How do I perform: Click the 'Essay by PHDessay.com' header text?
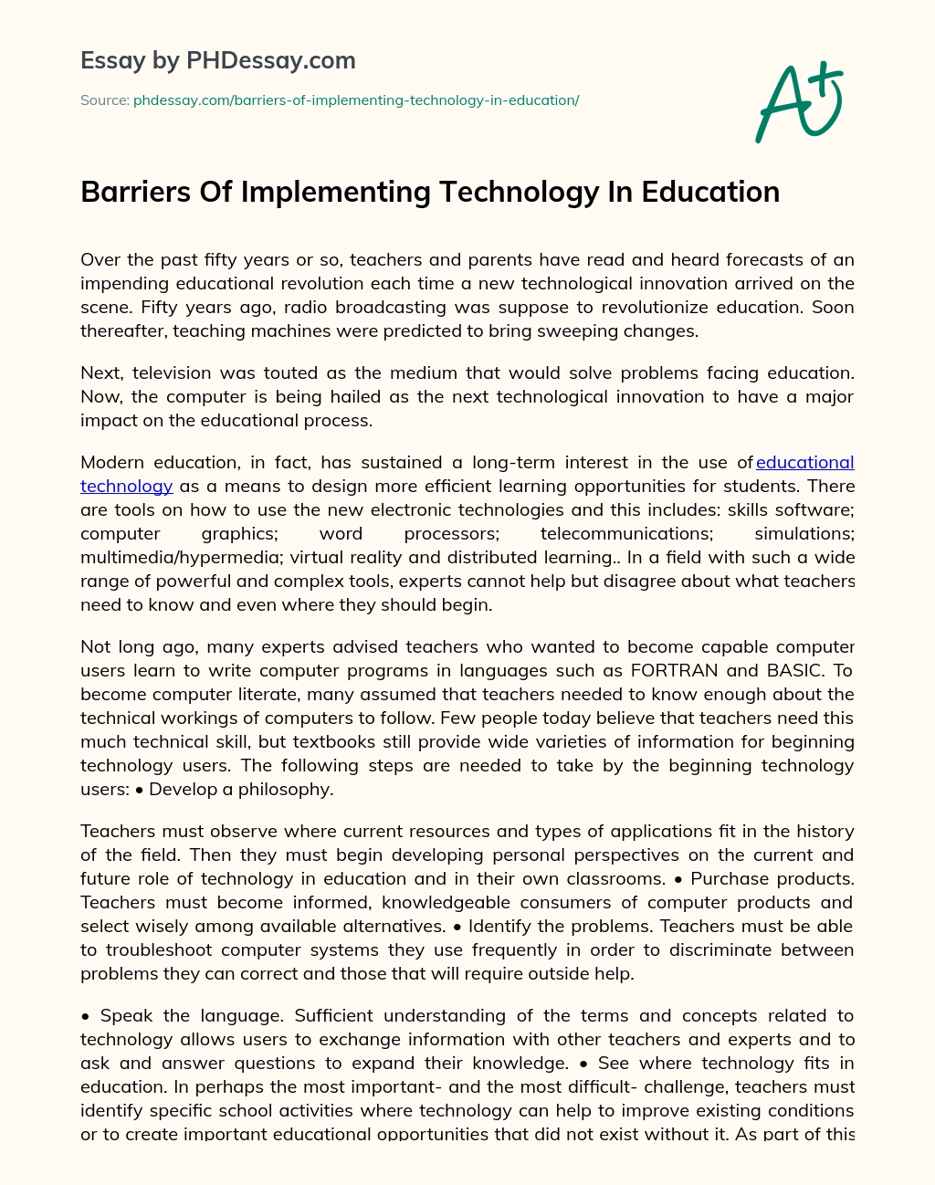pos(218,61)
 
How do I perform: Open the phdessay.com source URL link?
pos(356,100)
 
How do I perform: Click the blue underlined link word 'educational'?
pos(805,463)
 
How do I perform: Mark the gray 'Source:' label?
pos(105,100)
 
